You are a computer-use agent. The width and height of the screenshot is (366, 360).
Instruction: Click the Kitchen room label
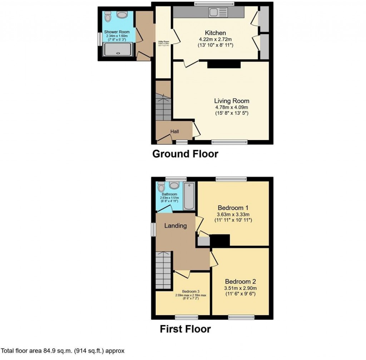tap(215, 33)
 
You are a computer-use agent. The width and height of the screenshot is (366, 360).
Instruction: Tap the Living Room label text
tap(232, 101)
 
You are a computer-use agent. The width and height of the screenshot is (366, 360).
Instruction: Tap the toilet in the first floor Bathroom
tap(161, 186)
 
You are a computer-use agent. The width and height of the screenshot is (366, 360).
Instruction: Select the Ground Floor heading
tap(185, 154)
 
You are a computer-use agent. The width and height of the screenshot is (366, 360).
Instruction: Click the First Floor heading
tap(185, 329)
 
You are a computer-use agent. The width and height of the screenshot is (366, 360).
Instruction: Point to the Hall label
tap(174, 132)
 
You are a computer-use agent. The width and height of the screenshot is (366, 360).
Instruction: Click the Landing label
tap(175, 226)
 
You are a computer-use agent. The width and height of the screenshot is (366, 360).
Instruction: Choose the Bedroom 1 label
tap(233, 207)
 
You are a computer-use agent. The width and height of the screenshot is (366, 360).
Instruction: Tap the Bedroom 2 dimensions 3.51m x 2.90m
tap(240, 288)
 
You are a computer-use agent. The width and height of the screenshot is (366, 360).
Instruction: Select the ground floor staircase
tap(163, 106)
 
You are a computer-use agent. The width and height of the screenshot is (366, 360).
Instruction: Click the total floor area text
tap(63, 351)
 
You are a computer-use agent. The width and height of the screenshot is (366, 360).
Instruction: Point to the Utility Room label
tap(163, 42)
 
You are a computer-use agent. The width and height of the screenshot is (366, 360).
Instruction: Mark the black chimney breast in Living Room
tap(224, 64)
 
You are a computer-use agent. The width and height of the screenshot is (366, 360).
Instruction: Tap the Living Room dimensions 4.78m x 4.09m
tap(231, 107)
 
